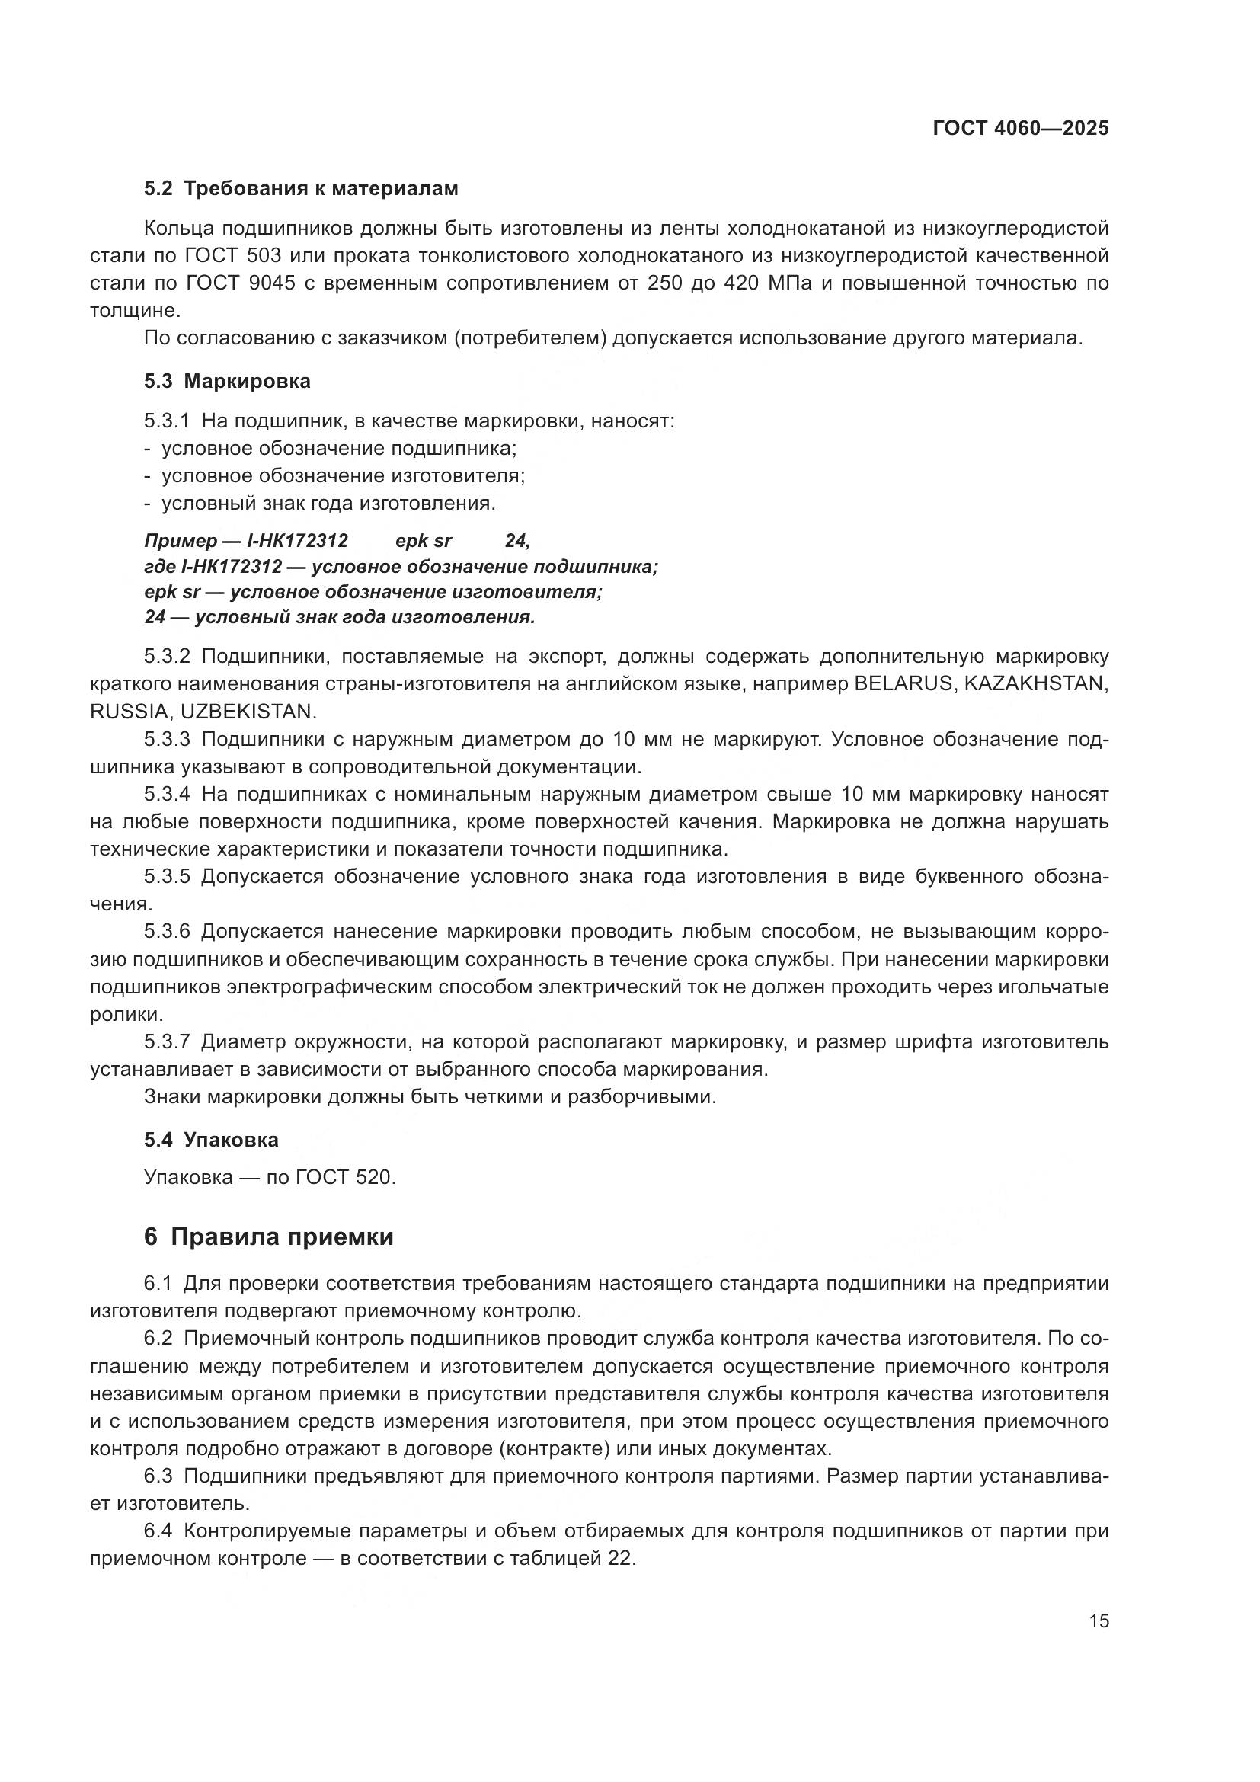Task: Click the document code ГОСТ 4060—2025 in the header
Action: coord(1020,129)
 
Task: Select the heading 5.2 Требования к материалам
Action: coord(301,189)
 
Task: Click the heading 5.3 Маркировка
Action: coord(227,381)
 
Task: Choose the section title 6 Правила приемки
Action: coord(268,1237)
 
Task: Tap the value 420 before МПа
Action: coord(742,283)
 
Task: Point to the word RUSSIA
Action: coord(128,712)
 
